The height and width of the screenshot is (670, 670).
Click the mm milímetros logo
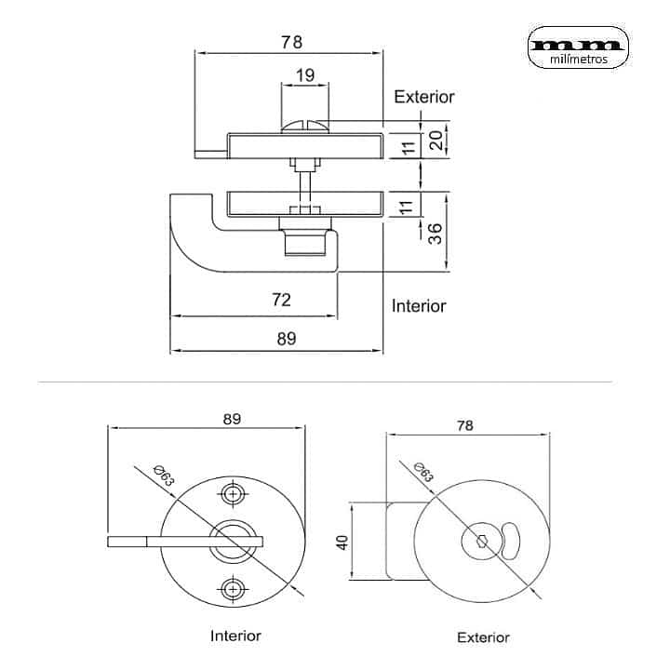click(578, 48)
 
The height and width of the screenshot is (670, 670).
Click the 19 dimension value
click(304, 75)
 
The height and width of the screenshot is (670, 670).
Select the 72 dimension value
click(282, 299)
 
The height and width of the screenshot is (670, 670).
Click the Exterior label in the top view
click(424, 97)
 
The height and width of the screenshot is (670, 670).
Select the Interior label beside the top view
click(419, 305)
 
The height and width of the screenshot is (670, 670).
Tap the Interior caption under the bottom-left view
click(235, 636)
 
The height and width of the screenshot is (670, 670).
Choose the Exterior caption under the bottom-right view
click(483, 637)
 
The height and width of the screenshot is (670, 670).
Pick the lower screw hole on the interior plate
click(233, 588)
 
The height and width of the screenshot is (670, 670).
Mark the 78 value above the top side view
click(291, 42)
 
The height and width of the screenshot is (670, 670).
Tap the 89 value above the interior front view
click(233, 419)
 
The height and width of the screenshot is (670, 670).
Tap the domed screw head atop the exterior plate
click(305, 123)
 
